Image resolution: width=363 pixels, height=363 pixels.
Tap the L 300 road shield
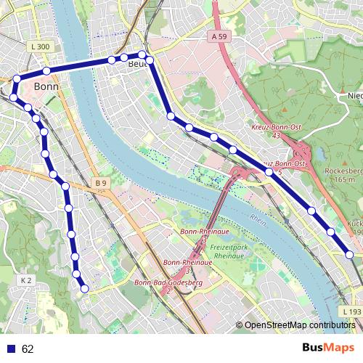41,47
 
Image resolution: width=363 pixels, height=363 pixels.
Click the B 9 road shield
100,183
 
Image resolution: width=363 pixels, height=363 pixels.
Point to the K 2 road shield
26,280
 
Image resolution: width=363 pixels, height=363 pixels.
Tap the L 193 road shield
351,311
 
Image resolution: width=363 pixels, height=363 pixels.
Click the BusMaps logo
329,348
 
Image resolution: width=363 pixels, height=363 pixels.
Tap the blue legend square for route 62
10,349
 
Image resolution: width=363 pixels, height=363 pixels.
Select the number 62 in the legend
28,349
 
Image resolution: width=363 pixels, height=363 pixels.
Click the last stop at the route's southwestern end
84,288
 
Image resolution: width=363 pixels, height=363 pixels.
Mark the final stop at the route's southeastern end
349,255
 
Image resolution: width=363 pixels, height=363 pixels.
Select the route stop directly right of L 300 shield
46,70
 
